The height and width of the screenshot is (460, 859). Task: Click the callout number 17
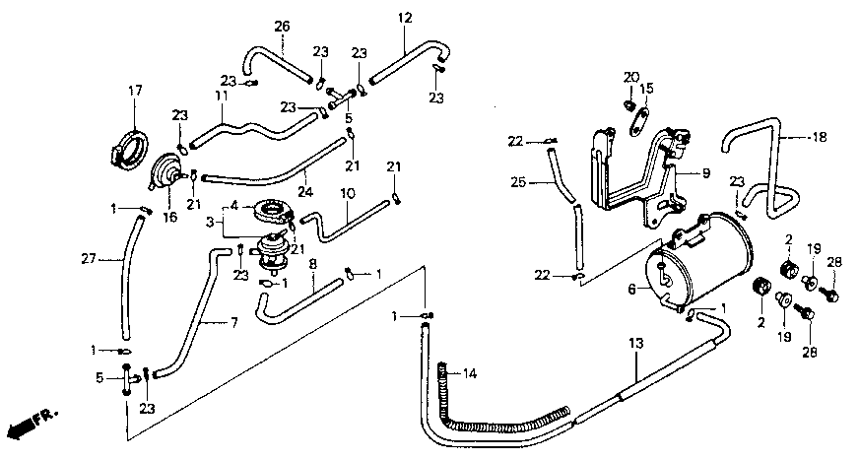pos(135,93)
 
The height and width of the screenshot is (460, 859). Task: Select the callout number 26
pos(282,25)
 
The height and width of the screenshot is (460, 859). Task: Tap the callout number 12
pos(406,18)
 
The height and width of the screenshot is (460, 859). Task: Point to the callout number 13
pos(635,344)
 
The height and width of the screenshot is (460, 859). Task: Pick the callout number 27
pos(88,259)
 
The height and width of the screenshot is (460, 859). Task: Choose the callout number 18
pos(819,138)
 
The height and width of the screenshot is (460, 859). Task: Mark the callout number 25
pos(518,181)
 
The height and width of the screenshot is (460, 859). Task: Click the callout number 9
pos(705,173)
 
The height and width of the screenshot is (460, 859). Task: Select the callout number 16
pos(170,216)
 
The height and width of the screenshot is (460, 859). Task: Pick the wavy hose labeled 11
pos(258,126)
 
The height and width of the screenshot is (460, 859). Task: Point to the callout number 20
pos(630,77)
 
